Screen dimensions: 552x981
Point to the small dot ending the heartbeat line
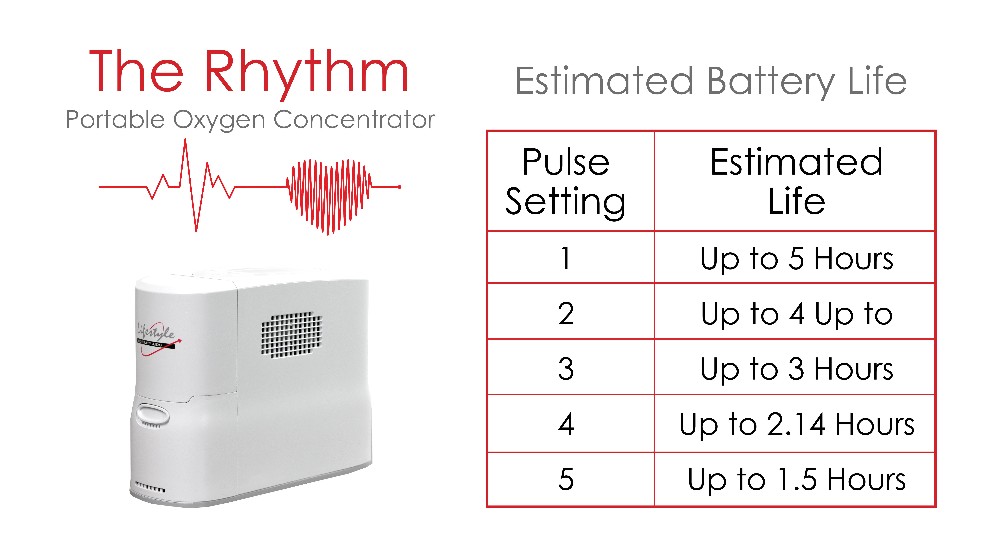point(399,187)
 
